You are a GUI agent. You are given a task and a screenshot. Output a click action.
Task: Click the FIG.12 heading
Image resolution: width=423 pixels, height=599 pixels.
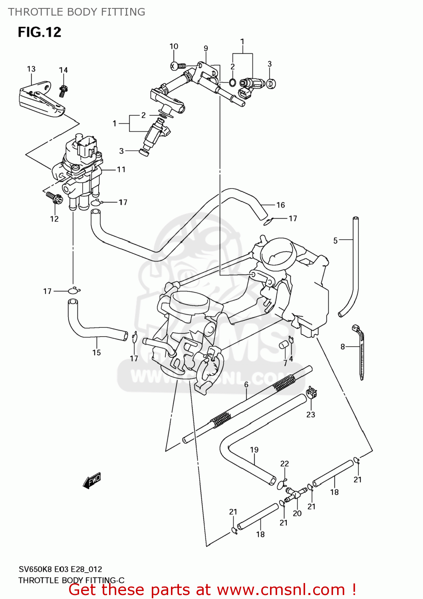tap(39, 32)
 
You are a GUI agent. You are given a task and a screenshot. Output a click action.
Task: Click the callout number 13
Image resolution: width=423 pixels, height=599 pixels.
tap(31, 69)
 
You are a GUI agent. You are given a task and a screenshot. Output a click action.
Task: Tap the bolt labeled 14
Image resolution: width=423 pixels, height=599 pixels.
tap(63, 90)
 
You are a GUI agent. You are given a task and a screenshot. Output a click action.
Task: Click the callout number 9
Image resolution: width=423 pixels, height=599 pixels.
tap(206, 48)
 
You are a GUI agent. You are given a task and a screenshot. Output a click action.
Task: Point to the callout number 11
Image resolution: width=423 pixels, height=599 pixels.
tap(121, 170)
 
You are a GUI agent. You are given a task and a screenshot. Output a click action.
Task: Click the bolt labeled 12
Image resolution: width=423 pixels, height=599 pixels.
tap(54, 197)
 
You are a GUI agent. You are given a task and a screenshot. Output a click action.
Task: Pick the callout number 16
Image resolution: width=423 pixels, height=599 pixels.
tap(280, 205)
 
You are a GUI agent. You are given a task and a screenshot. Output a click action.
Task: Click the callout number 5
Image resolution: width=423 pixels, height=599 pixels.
tap(336, 240)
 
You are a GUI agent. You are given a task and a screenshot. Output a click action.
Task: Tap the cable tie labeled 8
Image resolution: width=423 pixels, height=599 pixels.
tap(360, 351)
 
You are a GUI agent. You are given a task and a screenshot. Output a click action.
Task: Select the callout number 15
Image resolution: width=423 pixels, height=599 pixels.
tap(97, 352)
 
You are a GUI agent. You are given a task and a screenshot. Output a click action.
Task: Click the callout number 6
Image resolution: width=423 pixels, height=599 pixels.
tap(246, 384)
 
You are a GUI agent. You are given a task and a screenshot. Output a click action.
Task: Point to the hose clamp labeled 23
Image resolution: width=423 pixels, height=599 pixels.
tap(312, 394)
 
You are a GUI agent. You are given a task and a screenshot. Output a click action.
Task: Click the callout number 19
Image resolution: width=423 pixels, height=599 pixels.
tap(254, 450)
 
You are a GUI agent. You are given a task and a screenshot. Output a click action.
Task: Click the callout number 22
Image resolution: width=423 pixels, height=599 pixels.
tap(284, 464)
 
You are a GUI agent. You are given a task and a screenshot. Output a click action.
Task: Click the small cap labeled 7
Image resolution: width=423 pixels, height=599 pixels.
tap(284, 345)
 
